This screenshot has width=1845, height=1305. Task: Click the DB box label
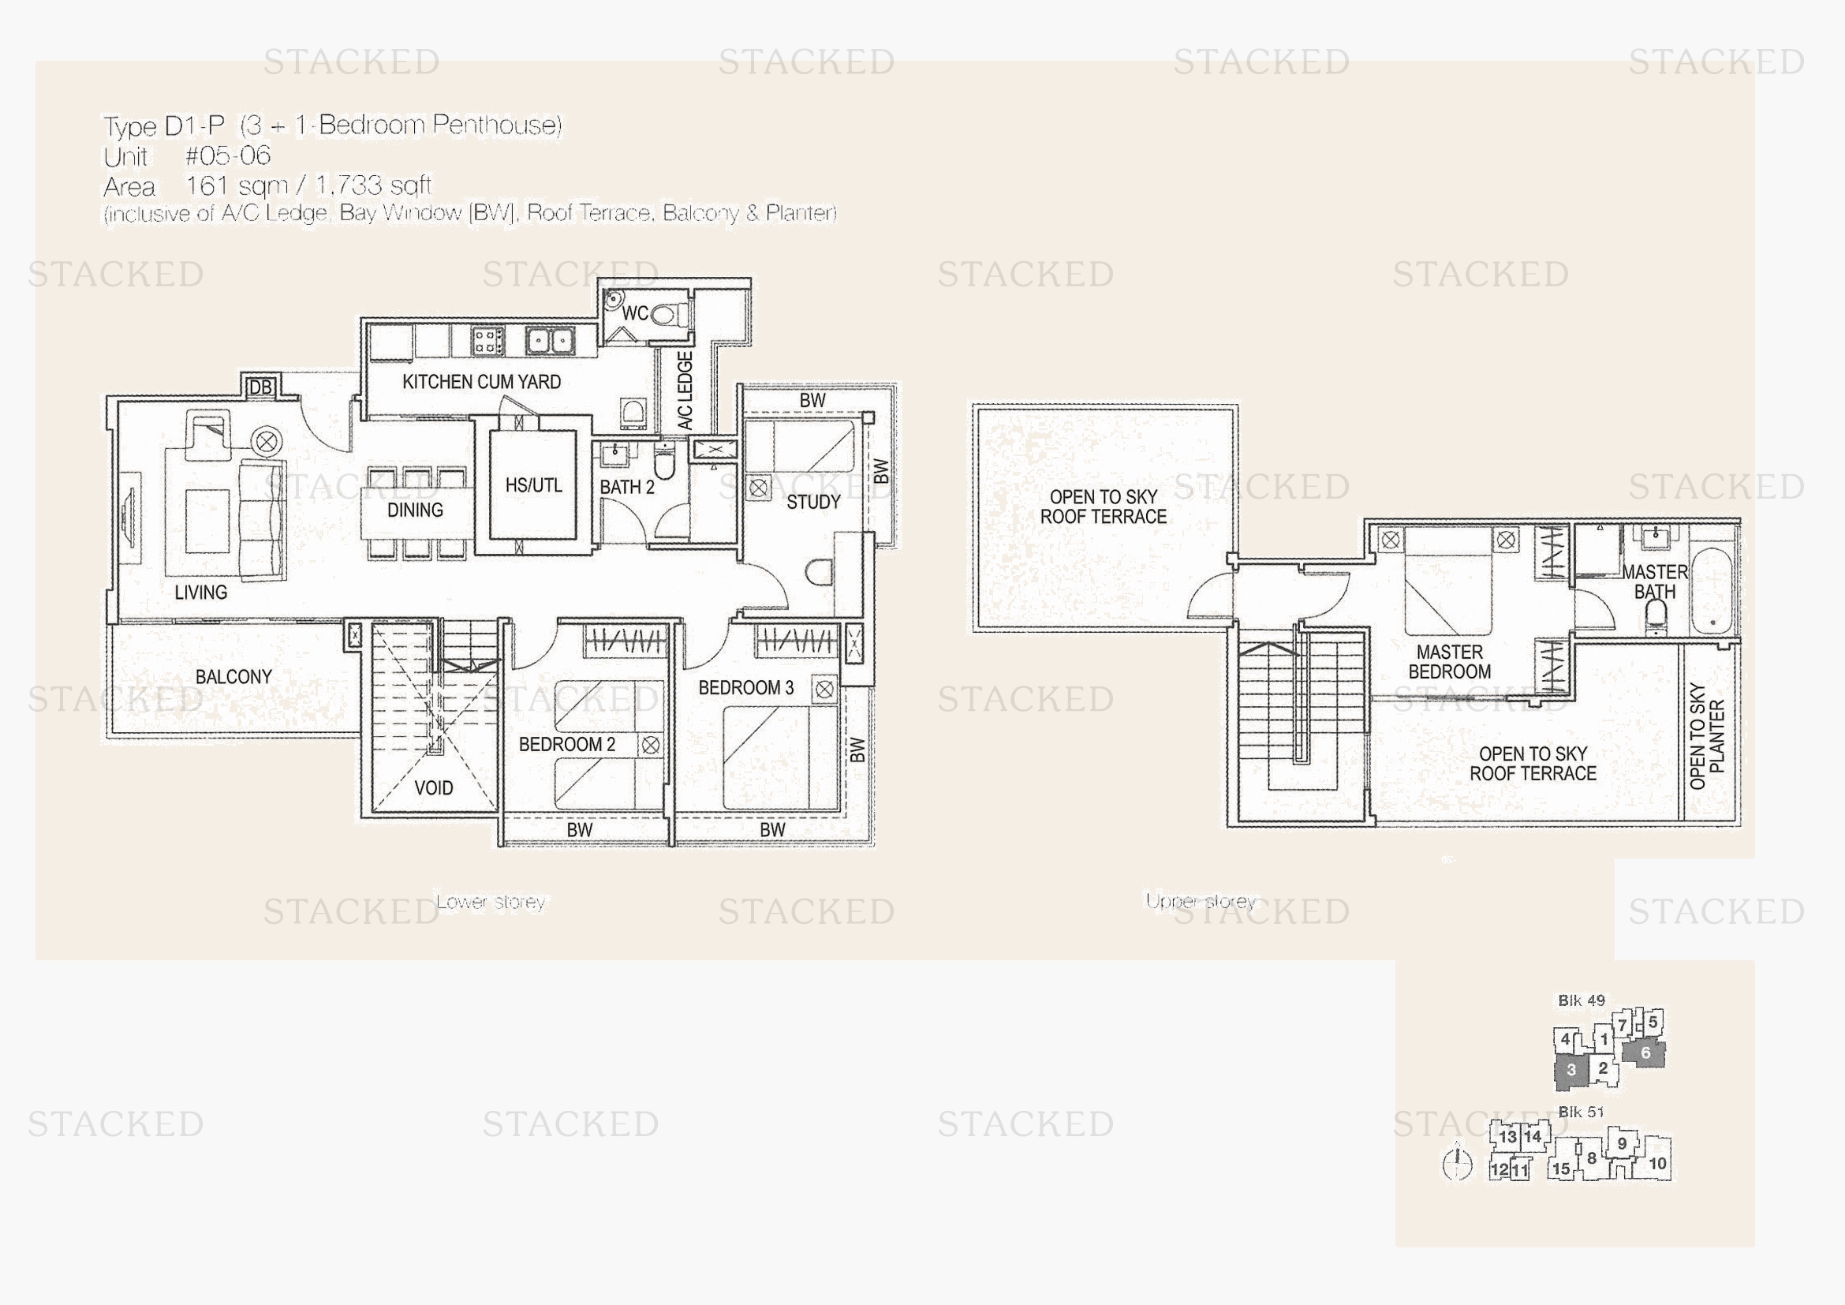pos(260,387)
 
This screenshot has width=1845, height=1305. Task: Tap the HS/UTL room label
pos(533,485)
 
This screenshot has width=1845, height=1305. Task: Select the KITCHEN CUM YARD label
pos(481,382)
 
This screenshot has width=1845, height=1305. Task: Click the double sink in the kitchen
pos(550,341)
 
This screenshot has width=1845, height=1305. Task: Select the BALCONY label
pos(233,677)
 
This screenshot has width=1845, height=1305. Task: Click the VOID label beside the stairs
pos(434,787)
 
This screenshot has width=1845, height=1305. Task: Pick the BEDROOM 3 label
pos(745,688)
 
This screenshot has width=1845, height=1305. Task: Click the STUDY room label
pos(813,503)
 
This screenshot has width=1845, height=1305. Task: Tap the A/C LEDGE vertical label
pos(685,390)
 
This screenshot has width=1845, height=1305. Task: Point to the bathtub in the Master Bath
pos(1711,592)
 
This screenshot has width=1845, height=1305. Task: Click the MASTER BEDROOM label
pos(1450,662)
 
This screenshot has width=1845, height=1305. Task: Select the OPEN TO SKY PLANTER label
pos(1707,736)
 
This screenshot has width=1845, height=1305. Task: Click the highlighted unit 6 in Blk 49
pos(1644,1053)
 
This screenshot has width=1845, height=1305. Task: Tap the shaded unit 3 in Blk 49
pos(1572,1071)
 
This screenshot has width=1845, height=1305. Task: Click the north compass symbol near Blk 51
pos(1457,1163)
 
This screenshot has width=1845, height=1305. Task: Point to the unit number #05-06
pos(228,155)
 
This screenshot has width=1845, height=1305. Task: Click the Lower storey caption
pos(490,902)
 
